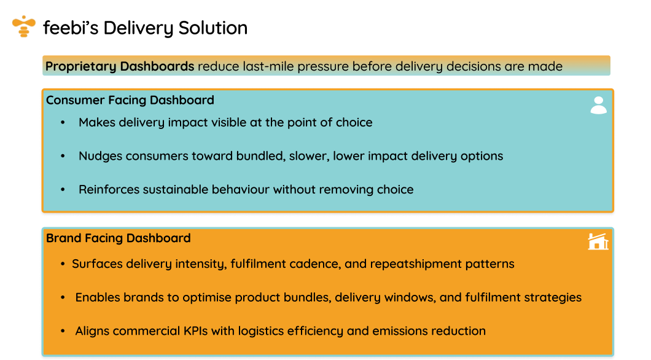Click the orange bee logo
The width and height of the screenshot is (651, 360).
pyautogui.click(x=23, y=26)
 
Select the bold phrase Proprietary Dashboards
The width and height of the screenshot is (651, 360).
pyautogui.click(x=120, y=66)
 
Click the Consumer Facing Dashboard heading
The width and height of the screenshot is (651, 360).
pyautogui.click(x=130, y=100)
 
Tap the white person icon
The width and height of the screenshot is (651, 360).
pyautogui.click(x=598, y=105)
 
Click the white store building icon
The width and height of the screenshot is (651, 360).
pyautogui.click(x=598, y=242)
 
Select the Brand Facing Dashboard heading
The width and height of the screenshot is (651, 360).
pyautogui.click(x=119, y=238)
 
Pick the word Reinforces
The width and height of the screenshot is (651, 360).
pyautogui.click(x=109, y=189)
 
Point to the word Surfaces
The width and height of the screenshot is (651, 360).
pyautogui.click(x=96, y=264)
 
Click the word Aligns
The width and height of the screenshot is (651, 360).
pyautogui.click(x=92, y=331)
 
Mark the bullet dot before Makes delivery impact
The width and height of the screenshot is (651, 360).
pyautogui.click(x=63, y=123)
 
